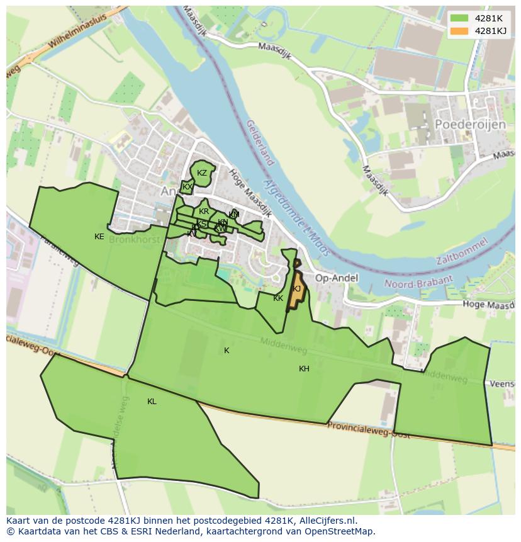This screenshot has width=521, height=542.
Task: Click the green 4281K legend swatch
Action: (x=459, y=18)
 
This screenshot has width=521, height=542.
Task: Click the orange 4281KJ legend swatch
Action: (x=459, y=31)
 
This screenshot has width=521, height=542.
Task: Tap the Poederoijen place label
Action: (x=470, y=125)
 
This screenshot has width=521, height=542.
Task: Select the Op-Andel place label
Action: (x=336, y=278)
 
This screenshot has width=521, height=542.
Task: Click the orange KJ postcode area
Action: (x=296, y=290)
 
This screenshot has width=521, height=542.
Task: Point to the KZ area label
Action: (x=202, y=173)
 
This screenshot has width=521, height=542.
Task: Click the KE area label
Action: (x=99, y=237)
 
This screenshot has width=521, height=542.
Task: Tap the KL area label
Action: (x=152, y=402)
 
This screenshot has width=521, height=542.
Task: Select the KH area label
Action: (x=304, y=369)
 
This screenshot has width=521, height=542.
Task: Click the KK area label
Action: (x=278, y=298)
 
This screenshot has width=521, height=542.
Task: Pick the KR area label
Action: (x=204, y=212)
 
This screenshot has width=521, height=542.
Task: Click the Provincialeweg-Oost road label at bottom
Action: (x=368, y=431)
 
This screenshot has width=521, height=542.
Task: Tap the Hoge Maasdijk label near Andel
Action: (x=250, y=193)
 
